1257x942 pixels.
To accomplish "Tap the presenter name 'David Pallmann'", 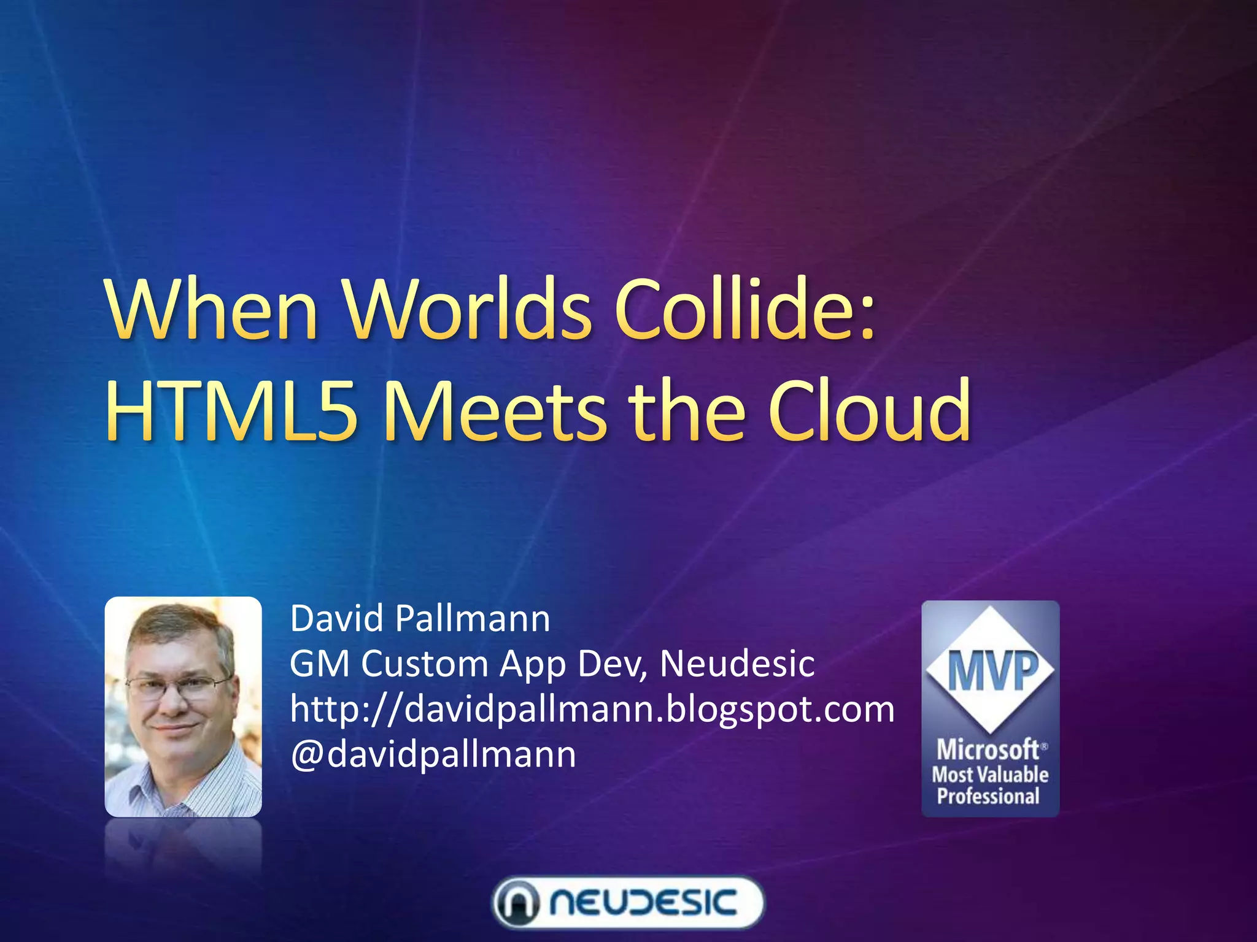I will coord(420,618).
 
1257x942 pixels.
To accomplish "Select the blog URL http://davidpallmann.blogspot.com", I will coord(592,709).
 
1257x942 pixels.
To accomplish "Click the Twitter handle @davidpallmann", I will coord(433,754).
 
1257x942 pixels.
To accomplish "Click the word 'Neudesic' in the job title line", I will coord(737,664).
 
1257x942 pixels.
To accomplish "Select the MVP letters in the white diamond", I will coord(990,671).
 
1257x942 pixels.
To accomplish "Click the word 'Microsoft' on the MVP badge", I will coord(988,749).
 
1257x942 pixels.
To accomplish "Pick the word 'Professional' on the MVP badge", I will coord(988,797).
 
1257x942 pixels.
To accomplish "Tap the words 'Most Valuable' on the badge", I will coord(990,774).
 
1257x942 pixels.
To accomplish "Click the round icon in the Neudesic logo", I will coord(517,903).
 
